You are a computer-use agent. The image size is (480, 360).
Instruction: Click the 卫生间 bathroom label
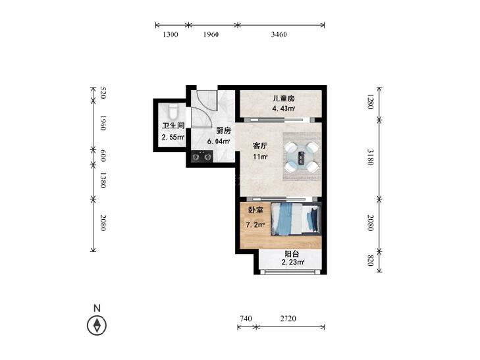(173, 126)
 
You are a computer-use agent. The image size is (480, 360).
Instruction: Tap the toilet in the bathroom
(173, 112)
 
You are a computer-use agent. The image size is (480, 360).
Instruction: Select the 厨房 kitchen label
(223, 130)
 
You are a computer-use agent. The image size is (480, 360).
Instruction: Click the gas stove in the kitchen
(201, 157)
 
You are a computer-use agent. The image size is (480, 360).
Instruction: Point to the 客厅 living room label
(260, 145)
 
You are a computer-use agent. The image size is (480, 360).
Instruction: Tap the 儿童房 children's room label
(284, 99)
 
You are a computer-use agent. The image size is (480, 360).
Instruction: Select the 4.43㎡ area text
(284, 109)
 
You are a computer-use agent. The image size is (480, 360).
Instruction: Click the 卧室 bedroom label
(255, 210)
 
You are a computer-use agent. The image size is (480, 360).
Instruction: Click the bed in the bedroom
(296, 219)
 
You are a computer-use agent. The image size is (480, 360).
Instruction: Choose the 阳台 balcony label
(292, 254)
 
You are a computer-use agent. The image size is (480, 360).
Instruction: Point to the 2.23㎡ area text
(292, 262)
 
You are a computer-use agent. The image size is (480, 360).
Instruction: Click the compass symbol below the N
(97, 325)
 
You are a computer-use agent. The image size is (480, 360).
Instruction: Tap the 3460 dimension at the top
(279, 34)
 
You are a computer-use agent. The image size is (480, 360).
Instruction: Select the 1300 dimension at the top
(170, 34)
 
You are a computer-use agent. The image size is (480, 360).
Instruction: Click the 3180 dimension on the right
(370, 157)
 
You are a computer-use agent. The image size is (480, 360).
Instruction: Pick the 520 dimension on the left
(103, 93)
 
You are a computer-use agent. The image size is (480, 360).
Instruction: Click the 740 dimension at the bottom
(246, 319)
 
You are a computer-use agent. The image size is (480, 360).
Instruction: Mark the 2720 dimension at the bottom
(288, 319)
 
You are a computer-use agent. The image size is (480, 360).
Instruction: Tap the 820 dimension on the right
(370, 260)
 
